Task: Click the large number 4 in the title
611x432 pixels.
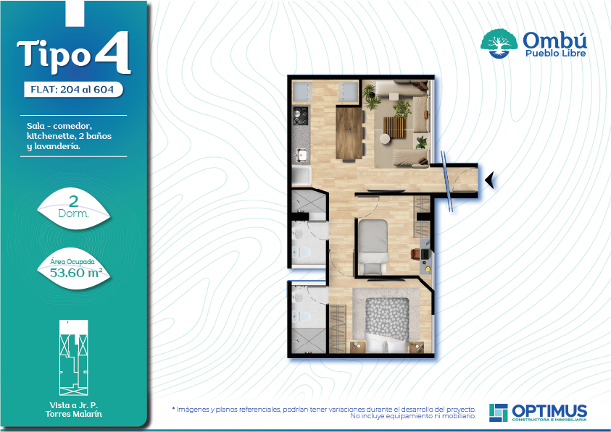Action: point(112,53)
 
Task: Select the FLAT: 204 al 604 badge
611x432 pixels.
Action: point(73,90)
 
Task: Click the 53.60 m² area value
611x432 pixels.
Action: point(76,272)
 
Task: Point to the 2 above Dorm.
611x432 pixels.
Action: point(73,201)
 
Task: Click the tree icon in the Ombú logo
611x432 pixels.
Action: point(499,43)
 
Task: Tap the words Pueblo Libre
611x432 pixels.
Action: point(555,54)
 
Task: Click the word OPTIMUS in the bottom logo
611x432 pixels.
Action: point(549,411)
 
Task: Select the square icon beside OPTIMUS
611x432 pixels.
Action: point(499,412)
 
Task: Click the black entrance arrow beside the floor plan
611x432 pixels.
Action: point(490,179)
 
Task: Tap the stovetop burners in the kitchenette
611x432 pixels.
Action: point(301,116)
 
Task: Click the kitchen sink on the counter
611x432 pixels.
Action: point(302,156)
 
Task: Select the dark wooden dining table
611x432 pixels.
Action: point(349,133)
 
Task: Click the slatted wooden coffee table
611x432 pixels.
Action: point(394,127)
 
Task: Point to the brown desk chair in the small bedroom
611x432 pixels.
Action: point(415,254)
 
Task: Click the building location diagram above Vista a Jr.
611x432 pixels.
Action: point(74,357)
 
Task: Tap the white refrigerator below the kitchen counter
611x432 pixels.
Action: point(302,177)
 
